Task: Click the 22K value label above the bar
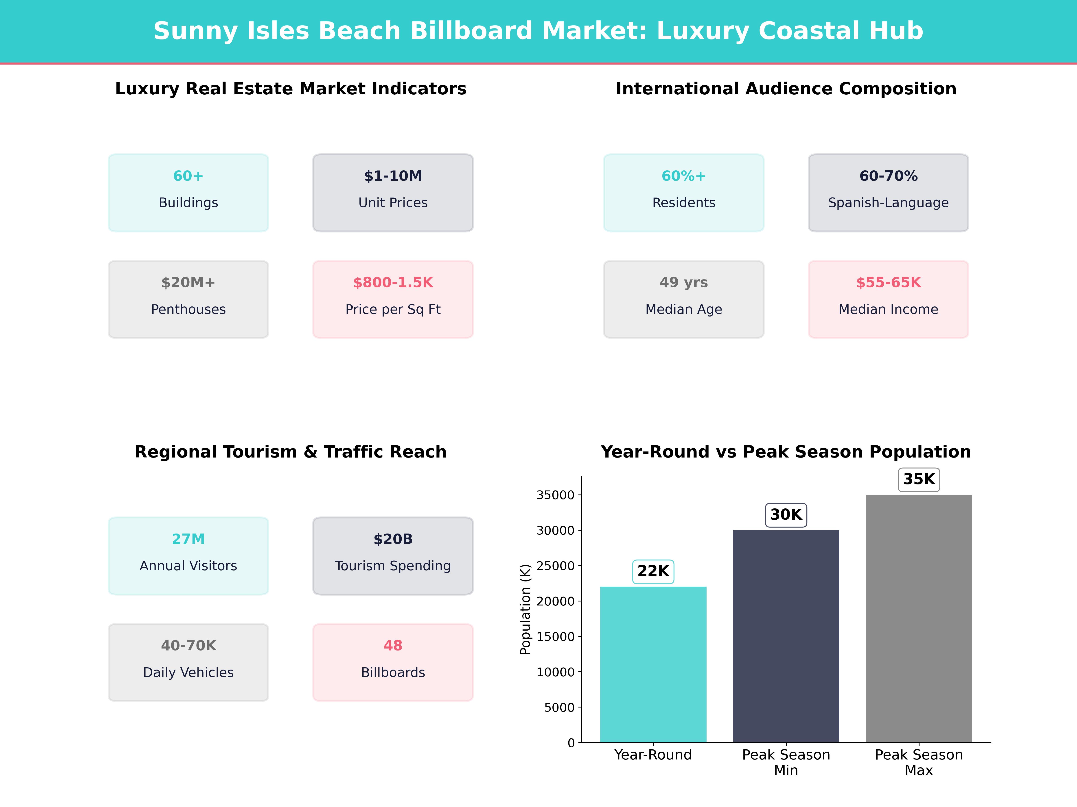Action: (653, 571)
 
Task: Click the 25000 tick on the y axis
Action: (556, 566)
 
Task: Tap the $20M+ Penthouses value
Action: (188, 283)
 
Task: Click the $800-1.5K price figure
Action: (393, 283)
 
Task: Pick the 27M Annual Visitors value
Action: (188, 539)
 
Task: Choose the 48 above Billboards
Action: (393, 646)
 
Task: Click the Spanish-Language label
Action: (888, 203)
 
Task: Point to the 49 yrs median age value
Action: (684, 283)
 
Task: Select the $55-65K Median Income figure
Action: (888, 283)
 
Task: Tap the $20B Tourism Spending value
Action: (393, 539)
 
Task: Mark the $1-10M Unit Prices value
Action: (393, 176)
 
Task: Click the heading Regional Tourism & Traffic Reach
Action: (291, 452)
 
